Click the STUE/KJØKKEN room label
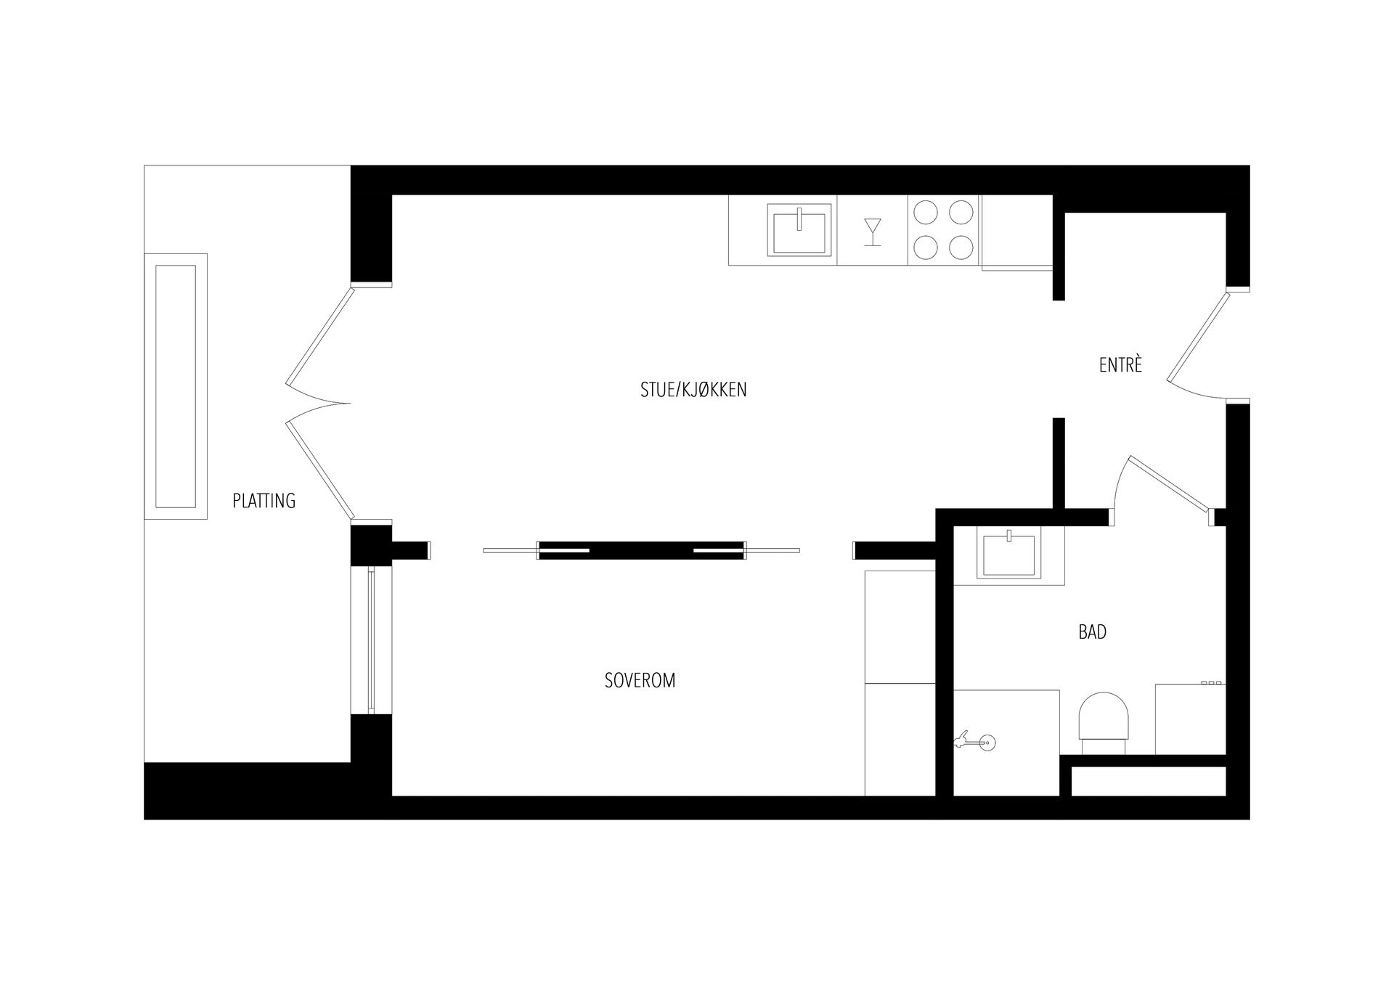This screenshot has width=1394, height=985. (x=693, y=390)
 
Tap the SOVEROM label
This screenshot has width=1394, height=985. (x=640, y=680)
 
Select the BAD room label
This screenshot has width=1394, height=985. (x=1092, y=632)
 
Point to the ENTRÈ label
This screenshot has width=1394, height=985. (x=1120, y=364)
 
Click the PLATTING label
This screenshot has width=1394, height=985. (x=264, y=500)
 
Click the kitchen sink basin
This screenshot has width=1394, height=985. (x=799, y=229)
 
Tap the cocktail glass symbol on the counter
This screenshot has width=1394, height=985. (x=873, y=232)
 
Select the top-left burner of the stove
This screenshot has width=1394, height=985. (x=926, y=212)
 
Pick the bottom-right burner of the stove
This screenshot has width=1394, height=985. (x=961, y=248)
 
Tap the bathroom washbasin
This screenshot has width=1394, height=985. (x=1008, y=556)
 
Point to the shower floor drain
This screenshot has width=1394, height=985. (x=987, y=742)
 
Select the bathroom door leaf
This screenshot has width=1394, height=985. (x=1168, y=482)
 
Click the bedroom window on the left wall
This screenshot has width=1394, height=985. (x=371, y=640)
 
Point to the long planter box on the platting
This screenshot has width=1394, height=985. (x=176, y=386)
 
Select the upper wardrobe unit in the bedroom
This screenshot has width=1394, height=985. (x=900, y=626)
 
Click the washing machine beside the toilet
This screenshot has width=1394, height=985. (x=1190, y=719)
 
